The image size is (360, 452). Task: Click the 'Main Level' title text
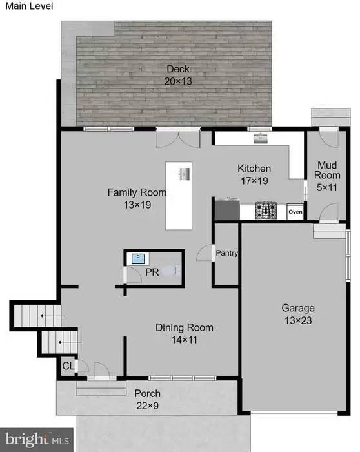(27, 6)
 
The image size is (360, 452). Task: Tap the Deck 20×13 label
(178, 75)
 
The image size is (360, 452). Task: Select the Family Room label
(137, 198)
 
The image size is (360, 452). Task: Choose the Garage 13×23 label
(298, 314)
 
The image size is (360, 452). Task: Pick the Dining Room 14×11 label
(185, 334)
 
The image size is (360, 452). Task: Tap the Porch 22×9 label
(147, 399)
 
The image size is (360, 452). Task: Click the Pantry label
(227, 253)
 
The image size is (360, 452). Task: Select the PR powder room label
(152, 273)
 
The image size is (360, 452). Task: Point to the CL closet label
(68, 366)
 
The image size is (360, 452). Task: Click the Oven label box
(295, 212)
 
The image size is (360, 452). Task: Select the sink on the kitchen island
(184, 173)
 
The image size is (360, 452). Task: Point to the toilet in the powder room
(170, 272)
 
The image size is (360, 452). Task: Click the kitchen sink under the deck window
(261, 138)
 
